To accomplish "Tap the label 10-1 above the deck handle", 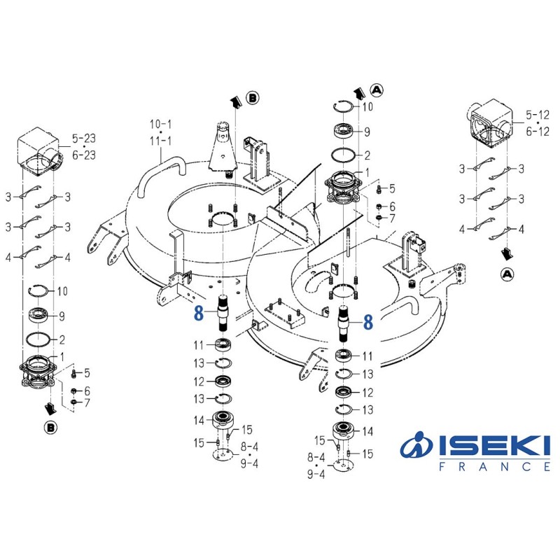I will point(160,124).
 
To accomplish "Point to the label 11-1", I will point(160,141).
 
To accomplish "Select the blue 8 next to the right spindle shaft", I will point(368,321).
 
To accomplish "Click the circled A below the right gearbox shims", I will point(506,274).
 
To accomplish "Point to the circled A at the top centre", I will point(377,89).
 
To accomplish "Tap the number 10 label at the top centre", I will point(367,107).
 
